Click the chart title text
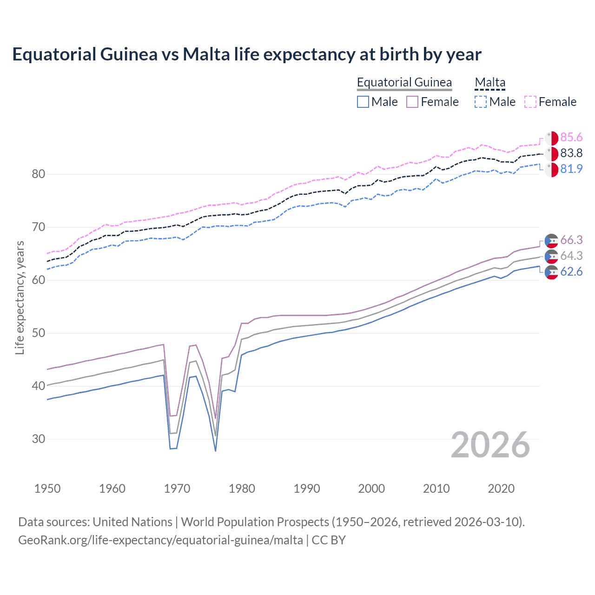(246, 54)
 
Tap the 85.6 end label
(571, 138)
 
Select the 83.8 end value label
(571, 153)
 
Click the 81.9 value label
(571, 169)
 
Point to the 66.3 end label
(571, 240)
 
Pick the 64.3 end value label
(571, 256)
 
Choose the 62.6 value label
(571, 272)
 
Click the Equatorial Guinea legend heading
(404, 83)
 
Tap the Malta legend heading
(490, 83)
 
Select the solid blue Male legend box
(363, 102)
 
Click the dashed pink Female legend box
(530, 102)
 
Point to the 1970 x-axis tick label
(177, 489)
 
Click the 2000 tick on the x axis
(371, 489)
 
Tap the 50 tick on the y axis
(39, 333)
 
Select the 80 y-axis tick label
(39, 174)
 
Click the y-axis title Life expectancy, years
(20, 297)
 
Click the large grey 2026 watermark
(490, 445)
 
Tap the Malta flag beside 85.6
(551, 138)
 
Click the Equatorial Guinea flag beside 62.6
(551, 272)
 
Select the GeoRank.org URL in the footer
(160, 540)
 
